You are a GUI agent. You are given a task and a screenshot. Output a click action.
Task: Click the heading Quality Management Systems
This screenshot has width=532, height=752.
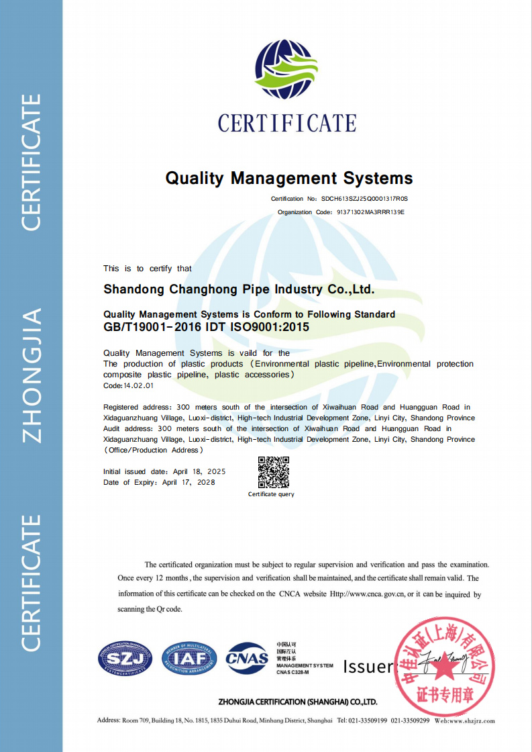point(289,179)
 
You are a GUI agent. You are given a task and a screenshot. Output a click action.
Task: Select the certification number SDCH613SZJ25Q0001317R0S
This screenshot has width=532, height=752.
point(364,199)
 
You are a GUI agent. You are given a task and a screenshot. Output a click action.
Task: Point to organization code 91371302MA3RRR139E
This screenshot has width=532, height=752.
point(370,212)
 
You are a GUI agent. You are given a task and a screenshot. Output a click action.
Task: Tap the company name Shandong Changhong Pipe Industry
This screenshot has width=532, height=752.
point(239,290)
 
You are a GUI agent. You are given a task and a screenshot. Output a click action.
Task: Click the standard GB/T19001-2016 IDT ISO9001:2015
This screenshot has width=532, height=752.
point(207,328)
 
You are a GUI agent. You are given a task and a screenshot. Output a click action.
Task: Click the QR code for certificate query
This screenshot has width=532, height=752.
point(274,472)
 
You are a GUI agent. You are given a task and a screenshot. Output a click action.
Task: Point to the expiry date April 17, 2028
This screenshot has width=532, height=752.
point(189,483)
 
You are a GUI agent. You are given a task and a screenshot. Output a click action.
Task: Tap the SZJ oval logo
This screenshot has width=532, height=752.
point(125,658)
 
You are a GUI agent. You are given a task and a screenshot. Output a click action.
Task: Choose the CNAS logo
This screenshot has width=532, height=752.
point(247,658)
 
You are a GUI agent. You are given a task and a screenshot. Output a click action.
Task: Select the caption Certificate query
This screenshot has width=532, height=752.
point(271,495)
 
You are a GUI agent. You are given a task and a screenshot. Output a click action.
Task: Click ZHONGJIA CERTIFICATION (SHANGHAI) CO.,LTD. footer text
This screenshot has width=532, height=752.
point(298,702)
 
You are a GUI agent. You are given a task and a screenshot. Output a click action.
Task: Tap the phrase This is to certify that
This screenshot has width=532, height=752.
point(148,269)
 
